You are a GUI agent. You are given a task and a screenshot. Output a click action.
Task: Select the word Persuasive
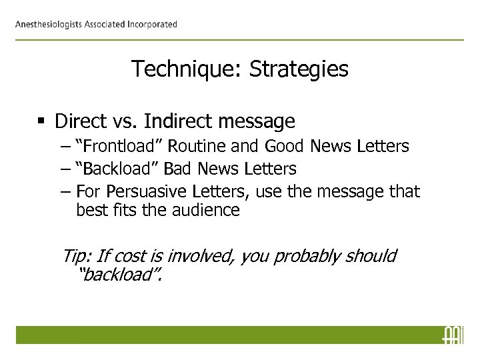[x=140, y=193]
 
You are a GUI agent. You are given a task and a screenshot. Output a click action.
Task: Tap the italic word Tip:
[x=77, y=256]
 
